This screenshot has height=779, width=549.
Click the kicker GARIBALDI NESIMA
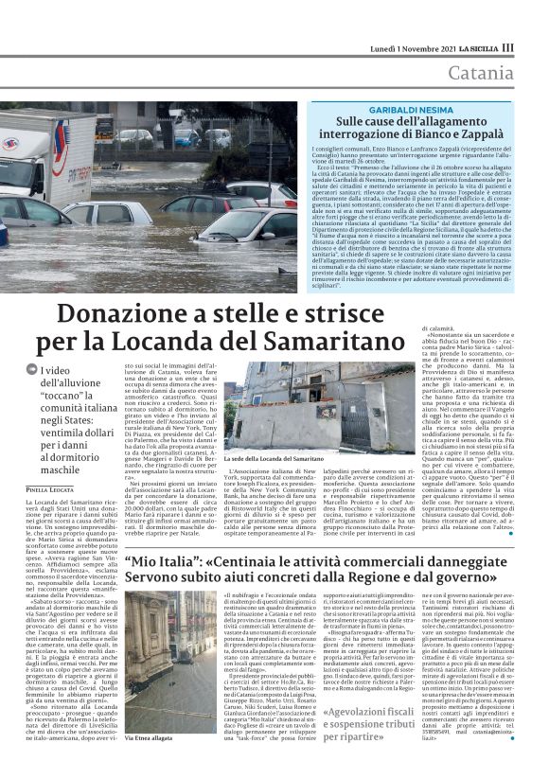tap(413, 111)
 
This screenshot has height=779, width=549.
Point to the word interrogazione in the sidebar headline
tap(366, 136)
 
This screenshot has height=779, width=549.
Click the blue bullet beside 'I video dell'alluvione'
tap(31, 372)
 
